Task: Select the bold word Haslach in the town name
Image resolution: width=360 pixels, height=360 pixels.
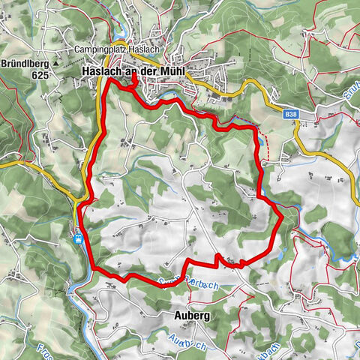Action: [100, 71]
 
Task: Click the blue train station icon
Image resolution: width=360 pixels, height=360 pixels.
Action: [78, 238]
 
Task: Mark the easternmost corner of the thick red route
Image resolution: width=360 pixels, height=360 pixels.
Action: [283, 217]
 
